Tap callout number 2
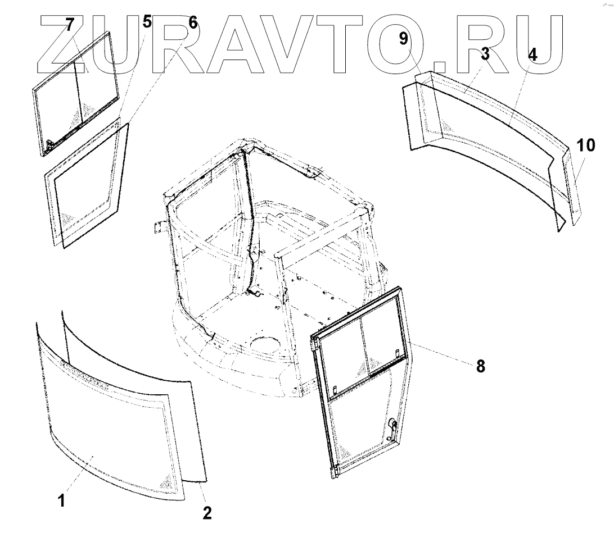click(207, 512)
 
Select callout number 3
click(485, 54)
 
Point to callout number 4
click(532, 54)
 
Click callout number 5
click(147, 22)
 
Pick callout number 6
click(192, 22)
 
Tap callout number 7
click(70, 26)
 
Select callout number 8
click(480, 366)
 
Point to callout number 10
click(585, 145)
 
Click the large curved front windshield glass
click(107, 427)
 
